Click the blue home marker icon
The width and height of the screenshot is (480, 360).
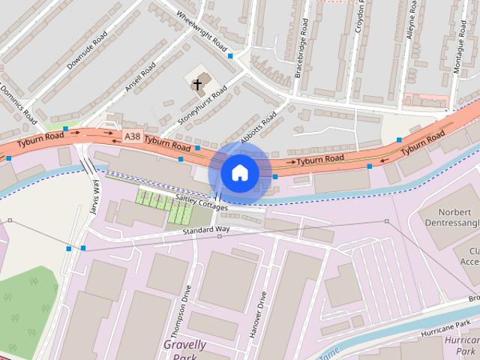click(239, 173)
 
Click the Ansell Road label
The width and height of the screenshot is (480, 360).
click(141, 77)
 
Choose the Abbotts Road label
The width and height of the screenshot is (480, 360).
click(259, 124)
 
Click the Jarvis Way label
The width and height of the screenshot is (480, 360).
click(94, 197)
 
